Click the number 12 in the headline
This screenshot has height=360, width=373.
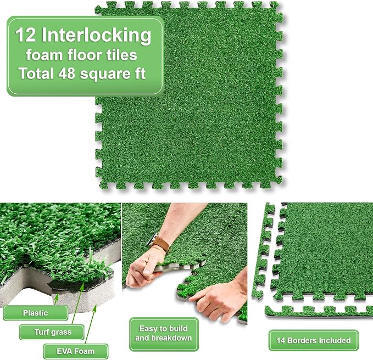click(x=26, y=35)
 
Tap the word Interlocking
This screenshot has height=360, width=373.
click(x=96, y=36)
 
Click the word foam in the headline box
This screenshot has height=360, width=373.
click(x=44, y=55)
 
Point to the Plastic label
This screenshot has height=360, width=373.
click(x=36, y=313)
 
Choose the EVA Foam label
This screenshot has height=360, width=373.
click(x=75, y=351)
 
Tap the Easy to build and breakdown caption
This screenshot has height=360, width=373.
click(x=163, y=334)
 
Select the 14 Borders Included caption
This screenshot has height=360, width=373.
click(x=314, y=340)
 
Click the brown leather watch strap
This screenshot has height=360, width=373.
click(x=162, y=244)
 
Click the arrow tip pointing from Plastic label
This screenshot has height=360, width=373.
click(x=57, y=294)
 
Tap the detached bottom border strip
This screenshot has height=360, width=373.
click(x=319, y=312)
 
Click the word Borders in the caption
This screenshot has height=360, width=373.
click(x=302, y=340)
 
